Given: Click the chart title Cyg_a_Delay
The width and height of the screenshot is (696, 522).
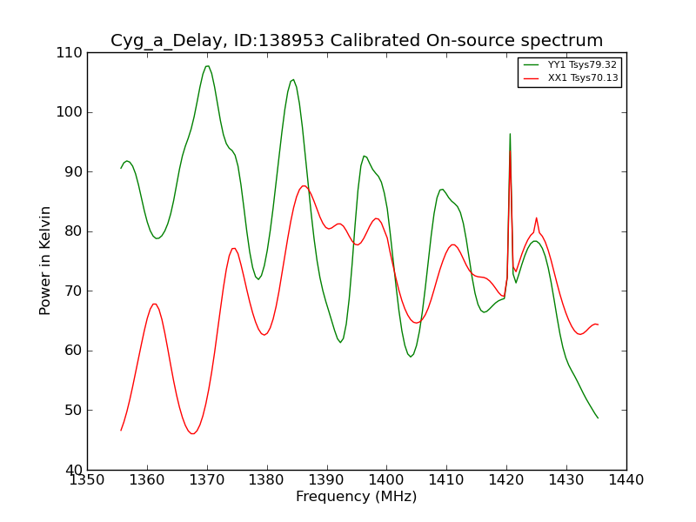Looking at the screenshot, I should click(356, 41).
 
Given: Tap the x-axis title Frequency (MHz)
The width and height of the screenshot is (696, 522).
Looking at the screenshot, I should click(356, 497).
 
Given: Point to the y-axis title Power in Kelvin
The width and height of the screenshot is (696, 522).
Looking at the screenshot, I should click(46, 260).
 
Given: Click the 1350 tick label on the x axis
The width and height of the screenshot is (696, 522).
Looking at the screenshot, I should click(87, 479).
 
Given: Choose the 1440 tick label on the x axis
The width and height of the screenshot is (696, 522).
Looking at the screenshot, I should click(626, 479).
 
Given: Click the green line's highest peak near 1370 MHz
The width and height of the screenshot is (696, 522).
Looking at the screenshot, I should click(207, 66).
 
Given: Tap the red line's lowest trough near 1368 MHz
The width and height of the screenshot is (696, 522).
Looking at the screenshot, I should click(193, 433).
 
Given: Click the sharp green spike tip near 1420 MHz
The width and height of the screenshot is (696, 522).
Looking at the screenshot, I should click(510, 134).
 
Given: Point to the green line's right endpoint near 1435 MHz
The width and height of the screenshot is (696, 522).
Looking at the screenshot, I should click(598, 418).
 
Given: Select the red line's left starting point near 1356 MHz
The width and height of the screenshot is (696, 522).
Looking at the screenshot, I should click(121, 430).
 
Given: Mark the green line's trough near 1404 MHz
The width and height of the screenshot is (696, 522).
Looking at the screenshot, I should click(411, 357).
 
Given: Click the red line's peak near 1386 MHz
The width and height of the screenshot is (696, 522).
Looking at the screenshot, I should click(303, 185).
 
